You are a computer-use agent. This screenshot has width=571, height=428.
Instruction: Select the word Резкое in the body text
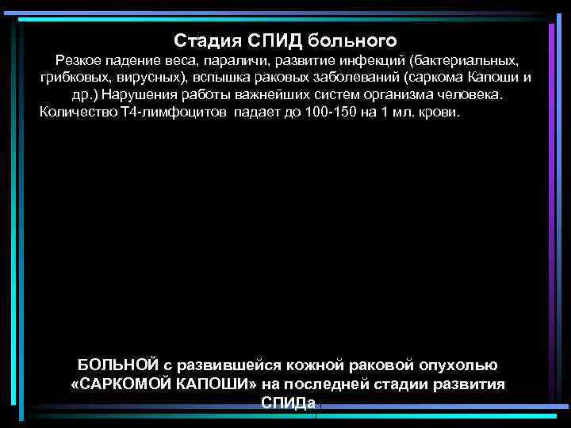tap(78, 60)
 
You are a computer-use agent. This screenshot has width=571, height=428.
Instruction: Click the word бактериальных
tap(467, 60)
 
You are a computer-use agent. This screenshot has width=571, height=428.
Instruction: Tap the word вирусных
tap(146, 78)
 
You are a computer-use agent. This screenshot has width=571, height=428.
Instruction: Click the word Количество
tap(78, 112)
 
